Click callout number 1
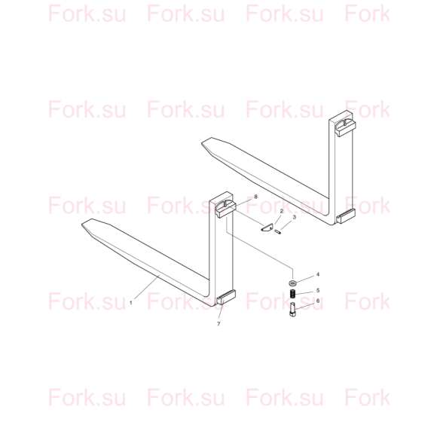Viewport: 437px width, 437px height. pos(130,303)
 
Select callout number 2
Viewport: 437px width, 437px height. pos(282,211)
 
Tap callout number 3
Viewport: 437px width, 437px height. pos(295,217)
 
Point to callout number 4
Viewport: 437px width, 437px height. pos(318,274)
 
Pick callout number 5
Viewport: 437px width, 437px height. pos(318,291)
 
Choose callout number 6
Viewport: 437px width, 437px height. pos(318,301)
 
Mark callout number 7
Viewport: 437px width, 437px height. pos(218,324)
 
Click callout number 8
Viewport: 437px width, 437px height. pos(256,197)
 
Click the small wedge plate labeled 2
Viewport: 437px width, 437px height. pos(267,228)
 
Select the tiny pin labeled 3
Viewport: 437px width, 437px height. pos(277,232)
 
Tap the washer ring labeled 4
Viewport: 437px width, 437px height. pos(292,283)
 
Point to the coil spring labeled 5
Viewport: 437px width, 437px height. pos(292,294)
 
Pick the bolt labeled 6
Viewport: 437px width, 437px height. pos(292,310)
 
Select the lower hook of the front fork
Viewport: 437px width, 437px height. pos(226,297)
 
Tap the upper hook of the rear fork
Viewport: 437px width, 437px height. pos(345,127)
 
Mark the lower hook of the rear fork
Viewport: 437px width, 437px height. pos(346,215)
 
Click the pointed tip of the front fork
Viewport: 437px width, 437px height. pos(82,224)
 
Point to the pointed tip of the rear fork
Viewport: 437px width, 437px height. pos(203,143)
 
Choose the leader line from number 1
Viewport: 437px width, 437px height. pos(147,287)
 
